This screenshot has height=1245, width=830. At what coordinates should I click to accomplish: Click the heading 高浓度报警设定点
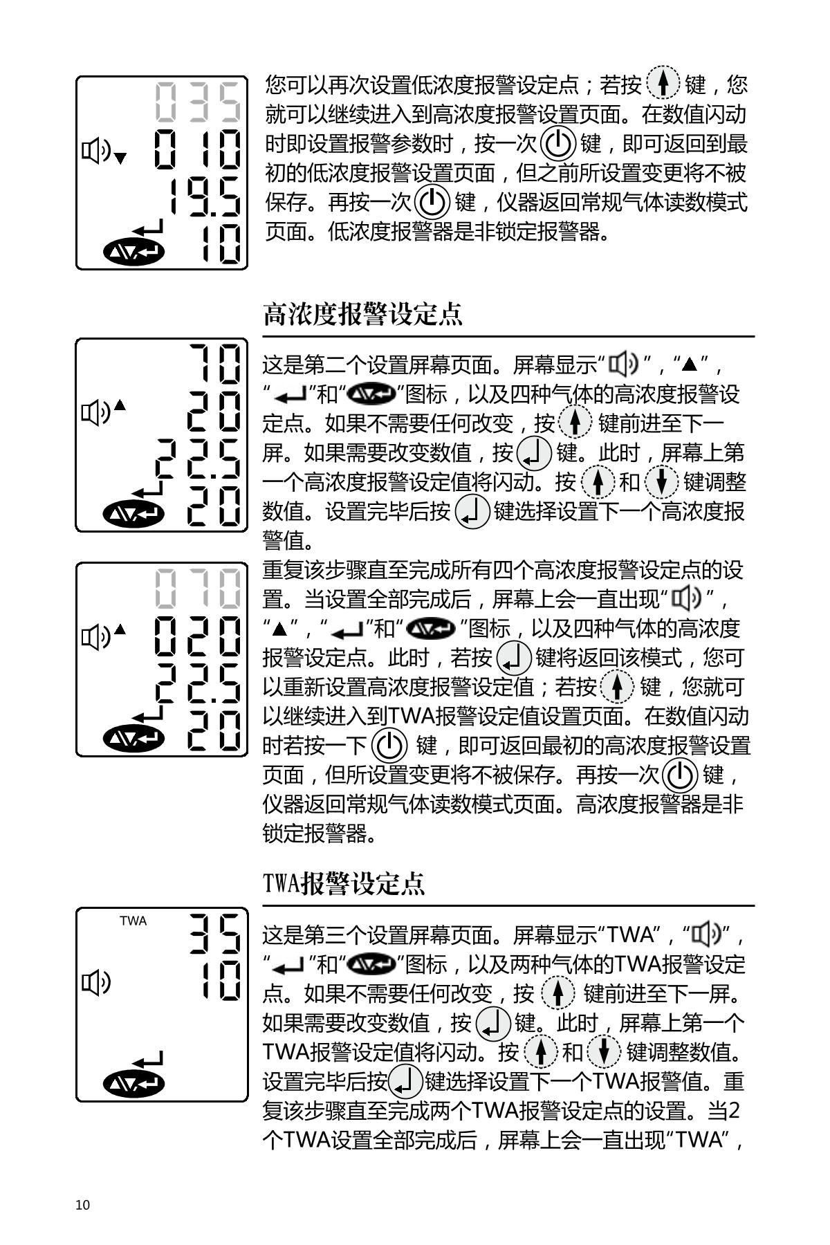click(x=362, y=315)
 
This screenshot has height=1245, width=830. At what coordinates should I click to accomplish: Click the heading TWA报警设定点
click(x=344, y=884)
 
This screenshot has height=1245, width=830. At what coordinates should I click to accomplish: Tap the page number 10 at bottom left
click(x=82, y=1205)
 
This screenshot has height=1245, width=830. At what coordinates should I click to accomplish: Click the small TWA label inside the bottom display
click(x=133, y=921)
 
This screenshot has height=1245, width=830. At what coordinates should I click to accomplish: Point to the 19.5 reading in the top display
click(x=205, y=196)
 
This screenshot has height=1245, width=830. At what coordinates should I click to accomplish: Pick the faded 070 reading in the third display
click(x=199, y=588)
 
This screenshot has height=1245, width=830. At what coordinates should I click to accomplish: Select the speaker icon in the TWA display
click(x=96, y=981)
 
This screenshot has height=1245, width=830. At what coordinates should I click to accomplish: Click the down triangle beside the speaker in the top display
click(x=120, y=158)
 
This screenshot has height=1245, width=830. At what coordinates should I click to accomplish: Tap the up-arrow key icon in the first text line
click(x=663, y=84)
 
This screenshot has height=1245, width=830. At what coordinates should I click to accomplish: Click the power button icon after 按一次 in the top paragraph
click(x=557, y=143)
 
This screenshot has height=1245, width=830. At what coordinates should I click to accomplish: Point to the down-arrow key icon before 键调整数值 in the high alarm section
click(x=661, y=481)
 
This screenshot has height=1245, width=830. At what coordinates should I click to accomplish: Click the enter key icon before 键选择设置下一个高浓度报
click(x=472, y=512)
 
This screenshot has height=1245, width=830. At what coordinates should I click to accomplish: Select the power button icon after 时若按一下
click(x=389, y=746)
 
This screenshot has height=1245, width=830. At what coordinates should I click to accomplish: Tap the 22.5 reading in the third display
click(x=199, y=683)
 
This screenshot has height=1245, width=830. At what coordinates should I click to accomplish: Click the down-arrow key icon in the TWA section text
click(x=603, y=1052)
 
